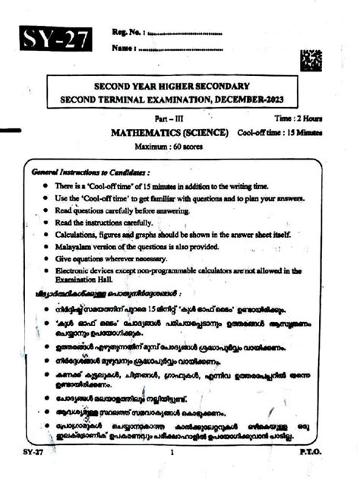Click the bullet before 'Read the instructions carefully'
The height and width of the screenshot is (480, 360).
[x=47, y=223]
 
